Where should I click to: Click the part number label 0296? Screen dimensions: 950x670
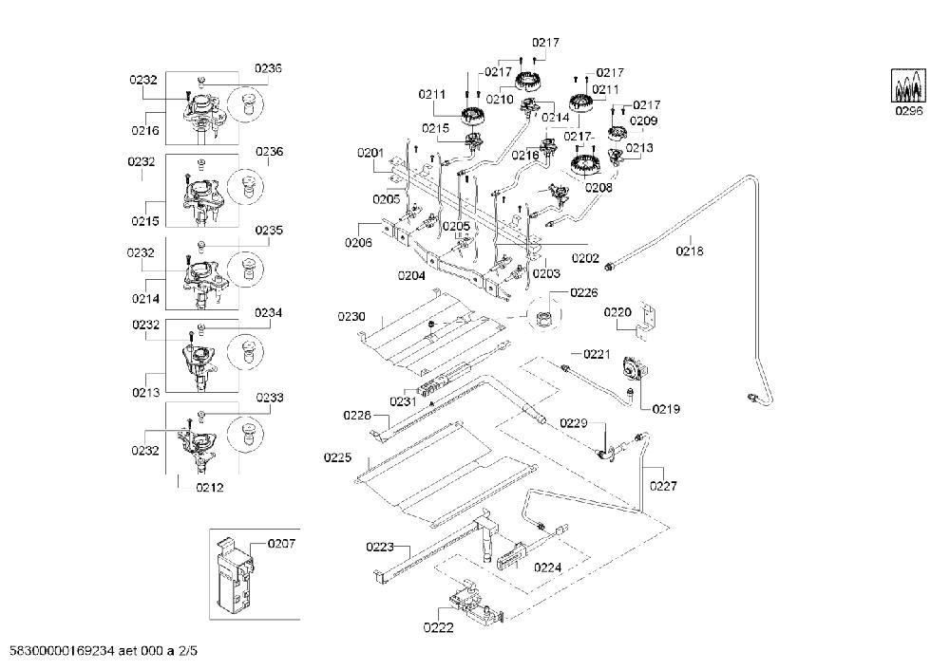909,111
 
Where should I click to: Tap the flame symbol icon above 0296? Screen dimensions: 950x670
909,84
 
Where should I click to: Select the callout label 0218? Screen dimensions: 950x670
690,251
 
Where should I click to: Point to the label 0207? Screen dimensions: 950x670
281,544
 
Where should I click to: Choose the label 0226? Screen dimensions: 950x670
584,293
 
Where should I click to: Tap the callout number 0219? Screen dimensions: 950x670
666,409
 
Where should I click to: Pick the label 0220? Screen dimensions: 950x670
617,312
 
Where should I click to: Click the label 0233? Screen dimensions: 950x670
270,398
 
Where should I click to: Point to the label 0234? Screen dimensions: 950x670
269,313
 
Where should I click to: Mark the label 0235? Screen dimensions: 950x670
269,231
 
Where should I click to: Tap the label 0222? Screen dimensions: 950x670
438,627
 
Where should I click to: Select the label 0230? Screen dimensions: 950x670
351,317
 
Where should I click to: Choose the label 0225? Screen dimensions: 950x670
337,457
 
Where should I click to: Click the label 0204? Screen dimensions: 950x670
411,276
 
